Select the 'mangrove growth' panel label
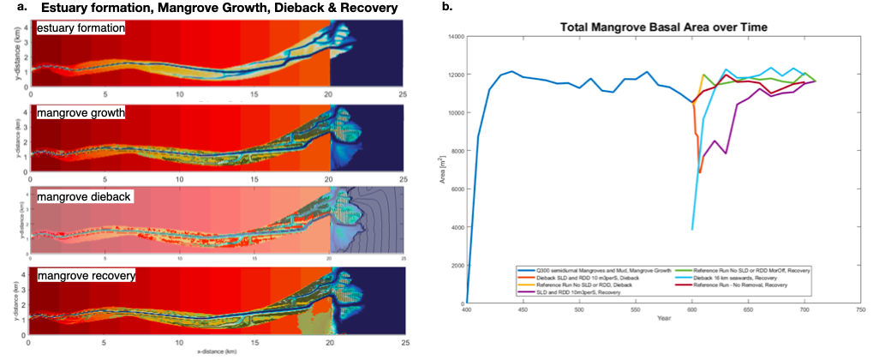[x=76, y=112]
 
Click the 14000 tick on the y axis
[x=452, y=37]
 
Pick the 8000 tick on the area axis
[x=455, y=151]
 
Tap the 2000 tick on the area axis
[x=455, y=265]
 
